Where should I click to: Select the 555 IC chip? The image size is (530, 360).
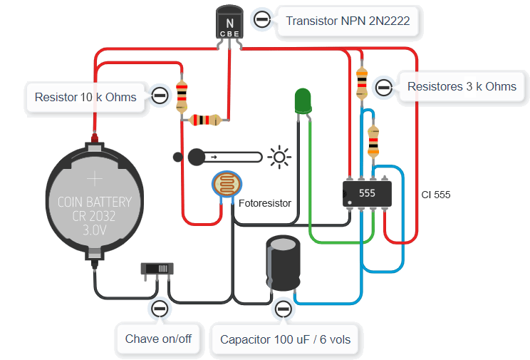coord(367,193)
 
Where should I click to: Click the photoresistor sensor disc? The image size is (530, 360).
coord(227,187)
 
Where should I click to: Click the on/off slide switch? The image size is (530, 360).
coord(157,269)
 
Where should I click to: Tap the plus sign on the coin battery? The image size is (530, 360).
coord(95,178)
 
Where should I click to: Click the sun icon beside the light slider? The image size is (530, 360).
coord(279,156)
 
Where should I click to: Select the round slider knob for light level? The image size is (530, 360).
coord(196,156)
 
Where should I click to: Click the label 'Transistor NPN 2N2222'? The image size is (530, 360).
coord(347,21)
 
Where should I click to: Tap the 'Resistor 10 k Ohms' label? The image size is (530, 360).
coord(85,96)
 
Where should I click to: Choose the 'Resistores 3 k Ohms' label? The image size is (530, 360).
coord(461,86)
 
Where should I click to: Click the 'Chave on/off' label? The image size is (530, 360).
coord(158,339)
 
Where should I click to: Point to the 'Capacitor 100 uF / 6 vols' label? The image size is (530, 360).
coord(285,339)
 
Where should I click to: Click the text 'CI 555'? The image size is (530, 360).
coord(435,194)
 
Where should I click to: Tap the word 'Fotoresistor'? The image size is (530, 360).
coord(265,203)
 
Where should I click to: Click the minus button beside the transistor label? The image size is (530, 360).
coord(261,20)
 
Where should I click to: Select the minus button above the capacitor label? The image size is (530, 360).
coord(284,309)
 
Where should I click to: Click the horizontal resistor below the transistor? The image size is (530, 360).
coord(204,120)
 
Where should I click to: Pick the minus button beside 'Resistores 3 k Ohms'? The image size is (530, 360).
coord(383,87)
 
